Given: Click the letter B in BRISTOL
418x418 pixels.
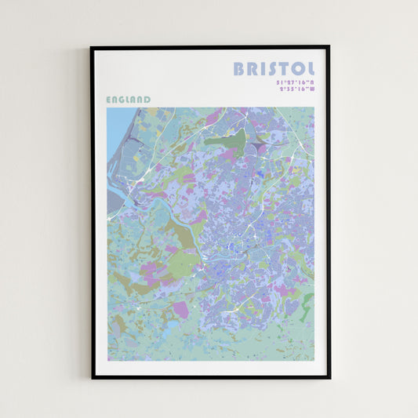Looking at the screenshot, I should [239, 69].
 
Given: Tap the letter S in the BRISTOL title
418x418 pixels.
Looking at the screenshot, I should [271, 69].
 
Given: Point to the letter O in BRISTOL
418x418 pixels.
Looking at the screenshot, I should [298, 69].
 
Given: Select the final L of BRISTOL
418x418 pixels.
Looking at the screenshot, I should [311, 69].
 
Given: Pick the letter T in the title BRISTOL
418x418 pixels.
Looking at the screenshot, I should [284, 69].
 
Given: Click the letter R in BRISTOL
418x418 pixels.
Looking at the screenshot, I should [253, 69].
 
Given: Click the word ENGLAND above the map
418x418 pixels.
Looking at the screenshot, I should [128, 100].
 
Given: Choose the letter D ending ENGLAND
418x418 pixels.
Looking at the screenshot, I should [147, 100].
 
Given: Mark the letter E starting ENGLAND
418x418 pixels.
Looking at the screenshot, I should [108, 100].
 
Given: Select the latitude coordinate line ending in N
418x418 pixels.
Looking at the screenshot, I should [295, 82].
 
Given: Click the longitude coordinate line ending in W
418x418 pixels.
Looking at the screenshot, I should [296, 89].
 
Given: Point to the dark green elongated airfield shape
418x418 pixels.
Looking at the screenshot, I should [227, 140].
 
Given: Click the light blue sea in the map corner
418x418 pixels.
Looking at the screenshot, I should [118, 125].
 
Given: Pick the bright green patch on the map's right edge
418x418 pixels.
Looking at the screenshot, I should [309, 301].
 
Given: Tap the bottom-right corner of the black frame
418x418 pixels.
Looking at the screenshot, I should [329, 377].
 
